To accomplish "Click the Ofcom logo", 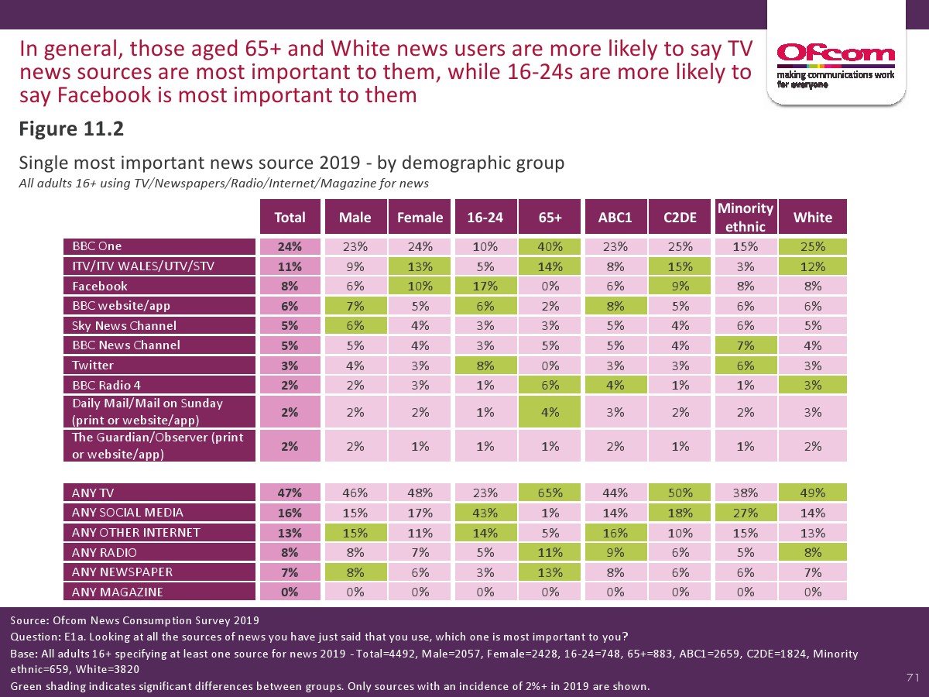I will [x=835, y=53].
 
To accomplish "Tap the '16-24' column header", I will [x=485, y=218].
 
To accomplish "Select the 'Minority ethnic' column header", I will [x=746, y=218].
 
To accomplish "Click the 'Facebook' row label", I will [x=159, y=286].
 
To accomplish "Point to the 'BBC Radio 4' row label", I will [x=159, y=384].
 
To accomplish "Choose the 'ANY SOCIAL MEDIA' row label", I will [x=159, y=512].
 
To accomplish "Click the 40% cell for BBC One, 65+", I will [x=550, y=246].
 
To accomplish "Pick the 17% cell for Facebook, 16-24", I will [x=485, y=286].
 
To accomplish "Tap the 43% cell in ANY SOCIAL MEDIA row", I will [x=485, y=512].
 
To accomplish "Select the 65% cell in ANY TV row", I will [x=550, y=493].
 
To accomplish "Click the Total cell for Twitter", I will [x=290, y=365].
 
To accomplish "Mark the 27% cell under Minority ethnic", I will [x=746, y=512].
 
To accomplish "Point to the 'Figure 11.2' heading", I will [x=71, y=129].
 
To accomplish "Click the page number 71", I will [x=912, y=678].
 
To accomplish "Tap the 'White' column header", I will [x=813, y=218].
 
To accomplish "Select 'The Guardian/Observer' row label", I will [x=159, y=445].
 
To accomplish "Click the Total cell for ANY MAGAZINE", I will [x=290, y=592].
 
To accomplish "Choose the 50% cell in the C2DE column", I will [x=680, y=493].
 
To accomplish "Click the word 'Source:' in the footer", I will [x=29, y=620].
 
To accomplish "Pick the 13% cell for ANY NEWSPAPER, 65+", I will [x=550, y=572].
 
